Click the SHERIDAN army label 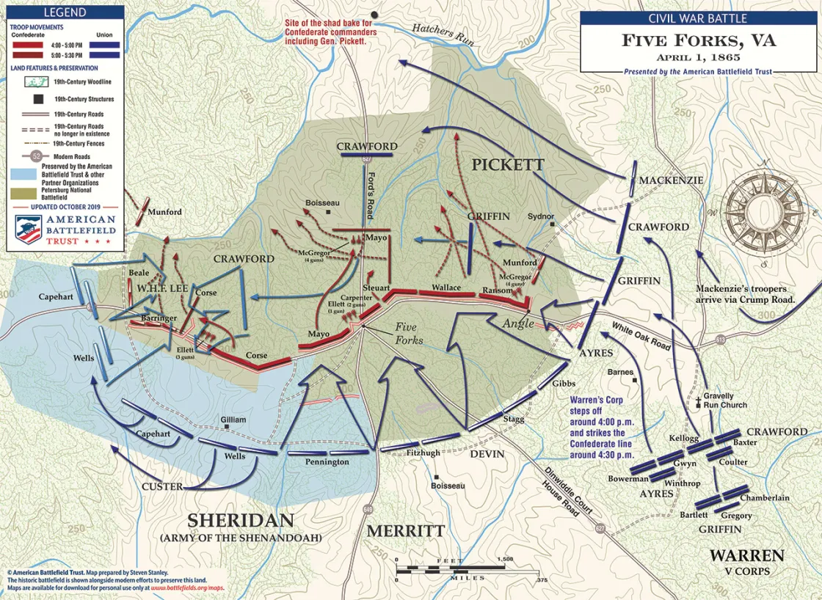point(241,520)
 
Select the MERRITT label point(405,530)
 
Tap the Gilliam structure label point(233,420)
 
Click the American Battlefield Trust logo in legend point(65,228)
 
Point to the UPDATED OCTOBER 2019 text point(65,206)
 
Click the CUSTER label point(162,486)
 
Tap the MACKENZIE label point(670,180)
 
